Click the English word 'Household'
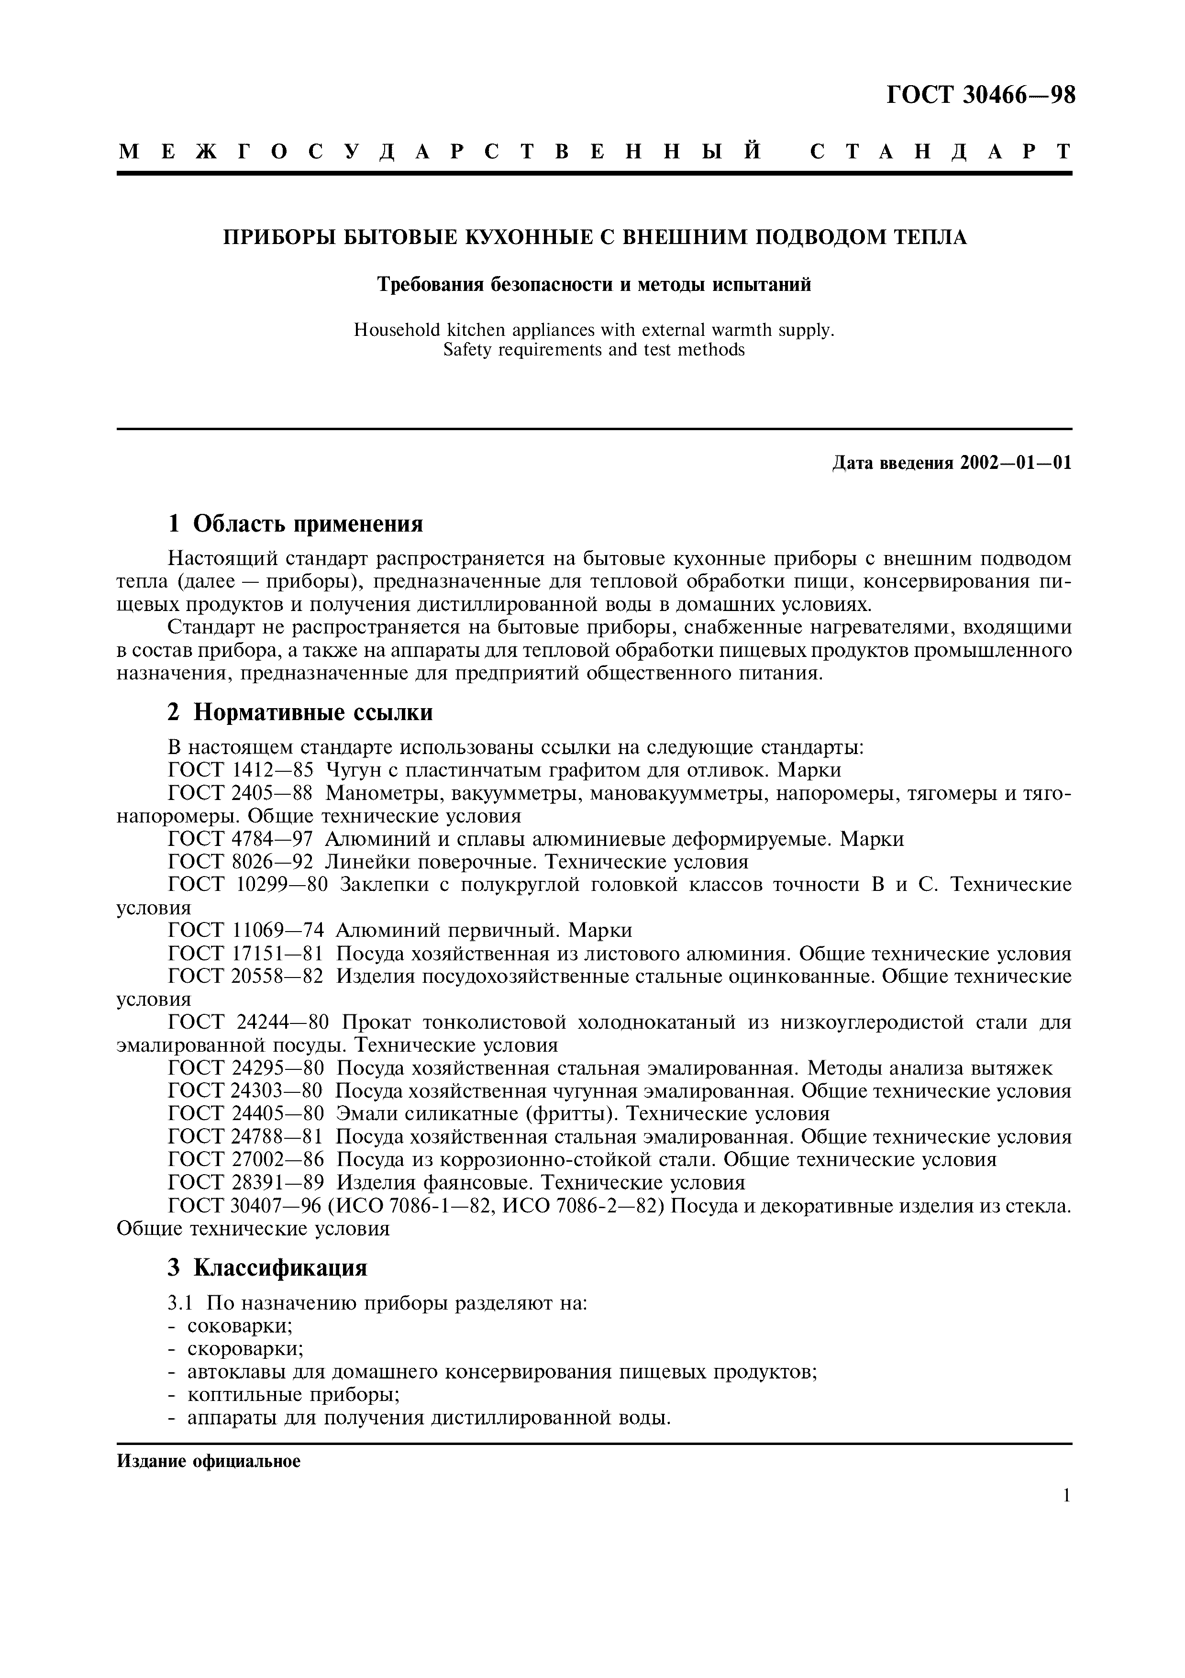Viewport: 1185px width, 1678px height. (x=390, y=330)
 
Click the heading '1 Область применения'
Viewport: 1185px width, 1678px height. (x=295, y=524)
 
